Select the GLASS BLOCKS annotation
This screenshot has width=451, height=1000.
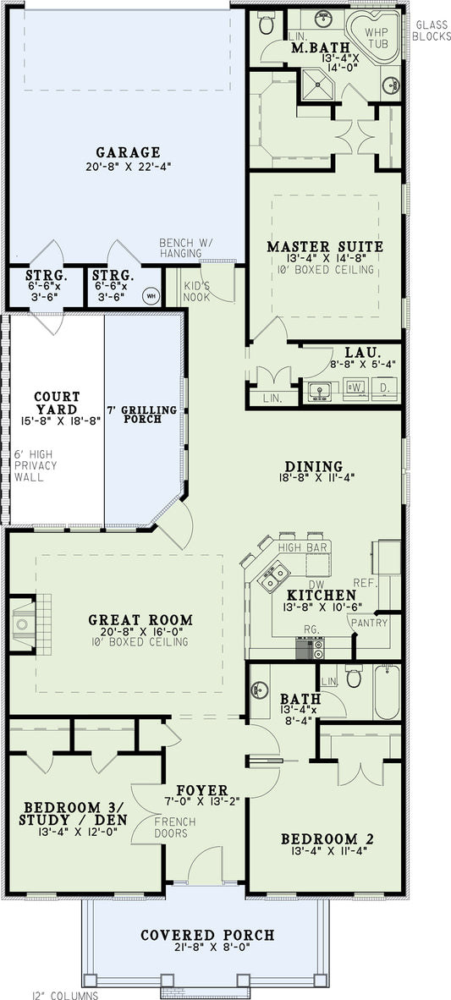pyautogui.click(x=430, y=30)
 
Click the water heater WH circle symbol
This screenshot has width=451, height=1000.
pyautogui.click(x=151, y=295)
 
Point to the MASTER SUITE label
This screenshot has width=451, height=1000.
pyautogui.click(x=325, y=247)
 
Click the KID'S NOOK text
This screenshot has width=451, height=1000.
pyautogui.click(x=197, y=292)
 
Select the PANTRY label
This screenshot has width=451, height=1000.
pyautogui.click(x=372, y=624)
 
